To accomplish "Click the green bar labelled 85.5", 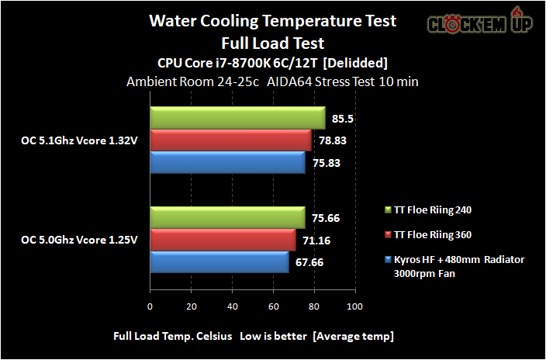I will tap(237, 118).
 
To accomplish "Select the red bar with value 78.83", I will tap(230, 140).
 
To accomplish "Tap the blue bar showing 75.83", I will tap(227, 163).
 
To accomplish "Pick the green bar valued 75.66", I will tap(227, 217).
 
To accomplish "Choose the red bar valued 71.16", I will tap(223, 240).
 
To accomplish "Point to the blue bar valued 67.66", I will tap(219, 262).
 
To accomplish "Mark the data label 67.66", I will tap(307, 262).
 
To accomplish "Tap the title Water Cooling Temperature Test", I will tap(272, 21).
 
